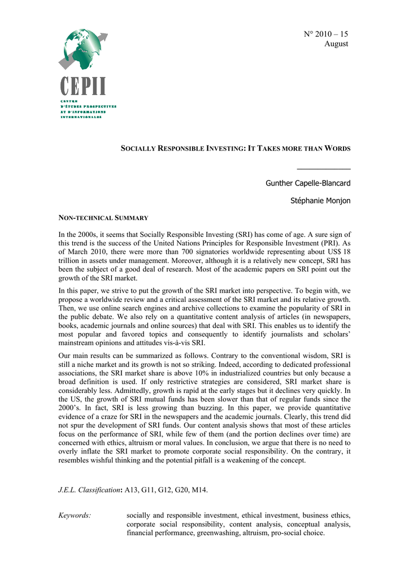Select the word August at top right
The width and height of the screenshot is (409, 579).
pyautogui.click(x=336, y=44)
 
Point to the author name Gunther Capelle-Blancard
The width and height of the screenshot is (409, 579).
pyautogui.click(x=308, y=183)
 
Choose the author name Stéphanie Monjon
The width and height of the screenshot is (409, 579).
pyautogui.click(x=320, y=201)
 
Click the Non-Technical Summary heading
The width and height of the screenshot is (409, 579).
pyautogui.click(x=103, y=218)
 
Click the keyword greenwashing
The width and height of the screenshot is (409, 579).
pyautogui.click(x=217, y=533)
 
